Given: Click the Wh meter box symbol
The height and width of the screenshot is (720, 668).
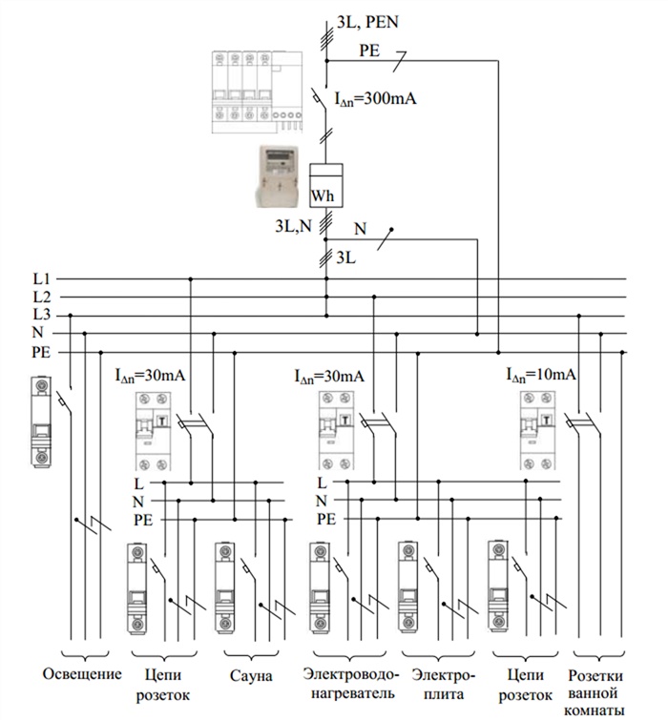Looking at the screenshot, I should [325, 187].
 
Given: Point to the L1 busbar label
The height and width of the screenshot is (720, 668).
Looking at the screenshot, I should [41, 278].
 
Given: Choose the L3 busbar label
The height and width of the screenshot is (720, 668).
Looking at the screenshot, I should [41, 315].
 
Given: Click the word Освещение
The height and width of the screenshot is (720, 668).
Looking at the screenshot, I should [83, 675].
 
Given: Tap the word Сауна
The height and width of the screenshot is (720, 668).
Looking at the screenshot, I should [251, 675].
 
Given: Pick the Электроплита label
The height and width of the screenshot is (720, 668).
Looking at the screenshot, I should [437, 684].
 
